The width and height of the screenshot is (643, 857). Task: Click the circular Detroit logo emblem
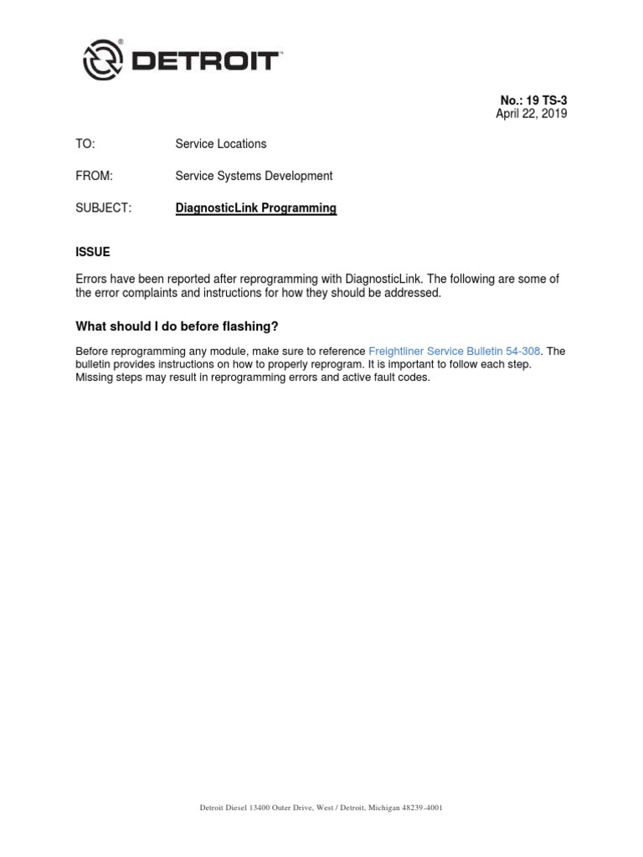pyautogui.click(x=102, y=60)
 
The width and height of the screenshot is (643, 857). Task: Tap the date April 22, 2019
pyautogui.click(x=531, y=114)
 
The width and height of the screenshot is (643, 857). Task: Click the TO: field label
pyautogui.click(x=85, y=144)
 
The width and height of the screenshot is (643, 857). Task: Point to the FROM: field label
pyautogui.click(x=94, y=176)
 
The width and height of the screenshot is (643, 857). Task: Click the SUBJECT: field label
pyautogui.click(x=104, y=208)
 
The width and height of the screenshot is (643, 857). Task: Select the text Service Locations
pyautogui.click(x=220, y=144)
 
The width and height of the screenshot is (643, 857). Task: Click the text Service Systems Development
pyautogui.click(x=254, y=176)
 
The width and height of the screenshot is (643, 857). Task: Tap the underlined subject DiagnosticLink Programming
pyautogui.click(x=255, y=208)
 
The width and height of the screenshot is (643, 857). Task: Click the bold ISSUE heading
pyautogui.click(x=92, y=252)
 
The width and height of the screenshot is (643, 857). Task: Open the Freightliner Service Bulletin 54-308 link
pyautogui.click(x=454, y=352)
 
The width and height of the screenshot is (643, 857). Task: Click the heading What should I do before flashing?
pyautogui.click(x=176, y=326)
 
